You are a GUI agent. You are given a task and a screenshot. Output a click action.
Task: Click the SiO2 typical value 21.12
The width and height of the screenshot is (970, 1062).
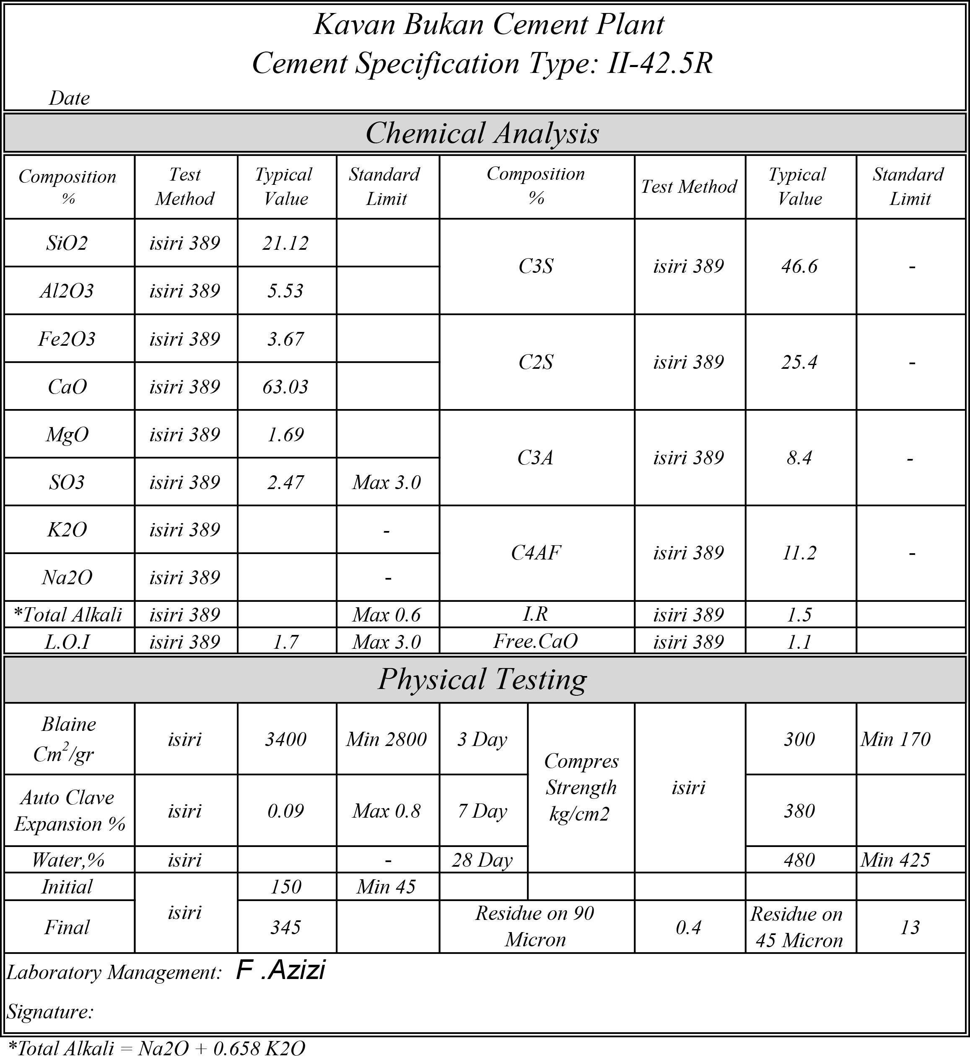point(285,243)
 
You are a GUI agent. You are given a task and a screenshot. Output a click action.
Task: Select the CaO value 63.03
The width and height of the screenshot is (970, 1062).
point(285,387)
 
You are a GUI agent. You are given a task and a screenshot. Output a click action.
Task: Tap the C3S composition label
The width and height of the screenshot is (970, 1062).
point(536,267)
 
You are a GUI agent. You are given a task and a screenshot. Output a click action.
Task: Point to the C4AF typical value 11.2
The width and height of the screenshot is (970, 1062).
point(800,553)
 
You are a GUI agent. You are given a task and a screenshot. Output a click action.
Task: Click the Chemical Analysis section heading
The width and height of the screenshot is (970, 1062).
point(482,133)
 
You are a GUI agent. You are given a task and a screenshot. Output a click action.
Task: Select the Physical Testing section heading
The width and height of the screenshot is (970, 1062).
point(482,679)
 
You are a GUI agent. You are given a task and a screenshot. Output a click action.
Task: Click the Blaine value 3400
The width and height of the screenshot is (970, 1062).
point(285,740)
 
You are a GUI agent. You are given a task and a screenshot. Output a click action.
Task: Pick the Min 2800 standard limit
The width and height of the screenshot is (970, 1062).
point(387,740)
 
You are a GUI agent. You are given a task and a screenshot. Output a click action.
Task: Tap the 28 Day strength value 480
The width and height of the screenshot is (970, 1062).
point(800,860)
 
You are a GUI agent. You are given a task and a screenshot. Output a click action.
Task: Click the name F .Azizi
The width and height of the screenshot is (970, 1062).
point(281,970)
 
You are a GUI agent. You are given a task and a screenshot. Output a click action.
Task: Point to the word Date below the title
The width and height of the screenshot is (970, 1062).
point(69,98)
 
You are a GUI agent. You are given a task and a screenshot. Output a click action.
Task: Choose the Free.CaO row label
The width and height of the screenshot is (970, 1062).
point(536,641)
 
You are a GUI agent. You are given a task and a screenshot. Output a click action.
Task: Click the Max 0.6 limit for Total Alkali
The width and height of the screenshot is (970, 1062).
point(387,615)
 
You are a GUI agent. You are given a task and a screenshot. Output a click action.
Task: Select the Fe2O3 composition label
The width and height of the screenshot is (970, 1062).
point(67,339)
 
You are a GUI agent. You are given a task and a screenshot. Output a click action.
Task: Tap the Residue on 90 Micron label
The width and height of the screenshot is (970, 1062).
point(535,927)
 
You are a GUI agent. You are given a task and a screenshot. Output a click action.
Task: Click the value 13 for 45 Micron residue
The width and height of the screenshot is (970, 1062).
point(910,927)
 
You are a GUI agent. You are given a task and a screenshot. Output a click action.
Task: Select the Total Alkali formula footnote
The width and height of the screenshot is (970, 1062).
point(157,1048)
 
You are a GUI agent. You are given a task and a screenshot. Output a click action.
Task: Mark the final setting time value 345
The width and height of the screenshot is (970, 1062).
point(285,927)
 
